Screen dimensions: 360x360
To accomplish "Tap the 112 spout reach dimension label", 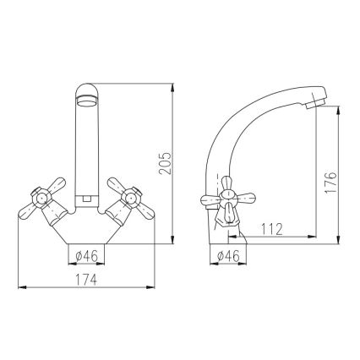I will (x=270, y=228).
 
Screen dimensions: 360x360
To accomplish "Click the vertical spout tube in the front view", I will (x=88, y=152).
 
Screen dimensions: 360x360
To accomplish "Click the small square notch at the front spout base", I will (x=88, y=199).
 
